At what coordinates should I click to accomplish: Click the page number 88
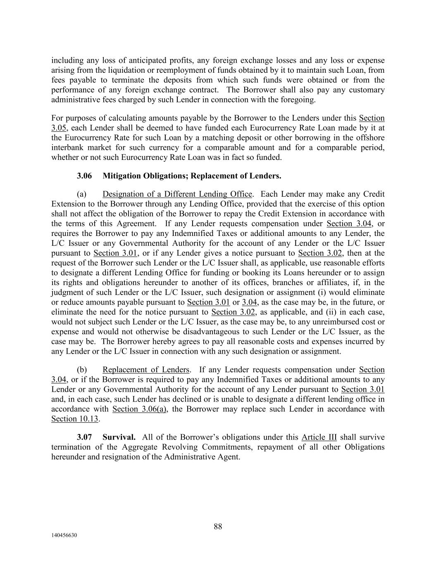218,526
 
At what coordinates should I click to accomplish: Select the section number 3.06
84,176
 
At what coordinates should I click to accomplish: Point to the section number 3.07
84,437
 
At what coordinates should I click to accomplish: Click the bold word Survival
119,437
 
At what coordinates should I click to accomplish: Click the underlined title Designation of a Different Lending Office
177,194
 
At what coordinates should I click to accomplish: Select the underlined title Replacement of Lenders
146,370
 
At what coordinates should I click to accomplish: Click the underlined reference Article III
319,437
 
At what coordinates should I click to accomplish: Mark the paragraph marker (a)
81,194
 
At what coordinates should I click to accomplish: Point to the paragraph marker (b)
81,370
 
